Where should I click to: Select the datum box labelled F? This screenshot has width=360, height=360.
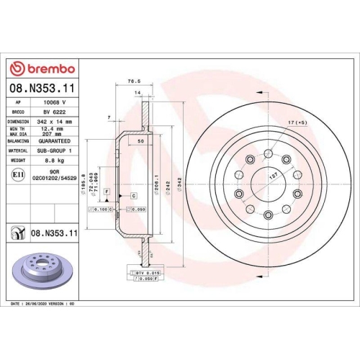107,190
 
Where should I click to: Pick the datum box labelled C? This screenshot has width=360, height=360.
133,195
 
